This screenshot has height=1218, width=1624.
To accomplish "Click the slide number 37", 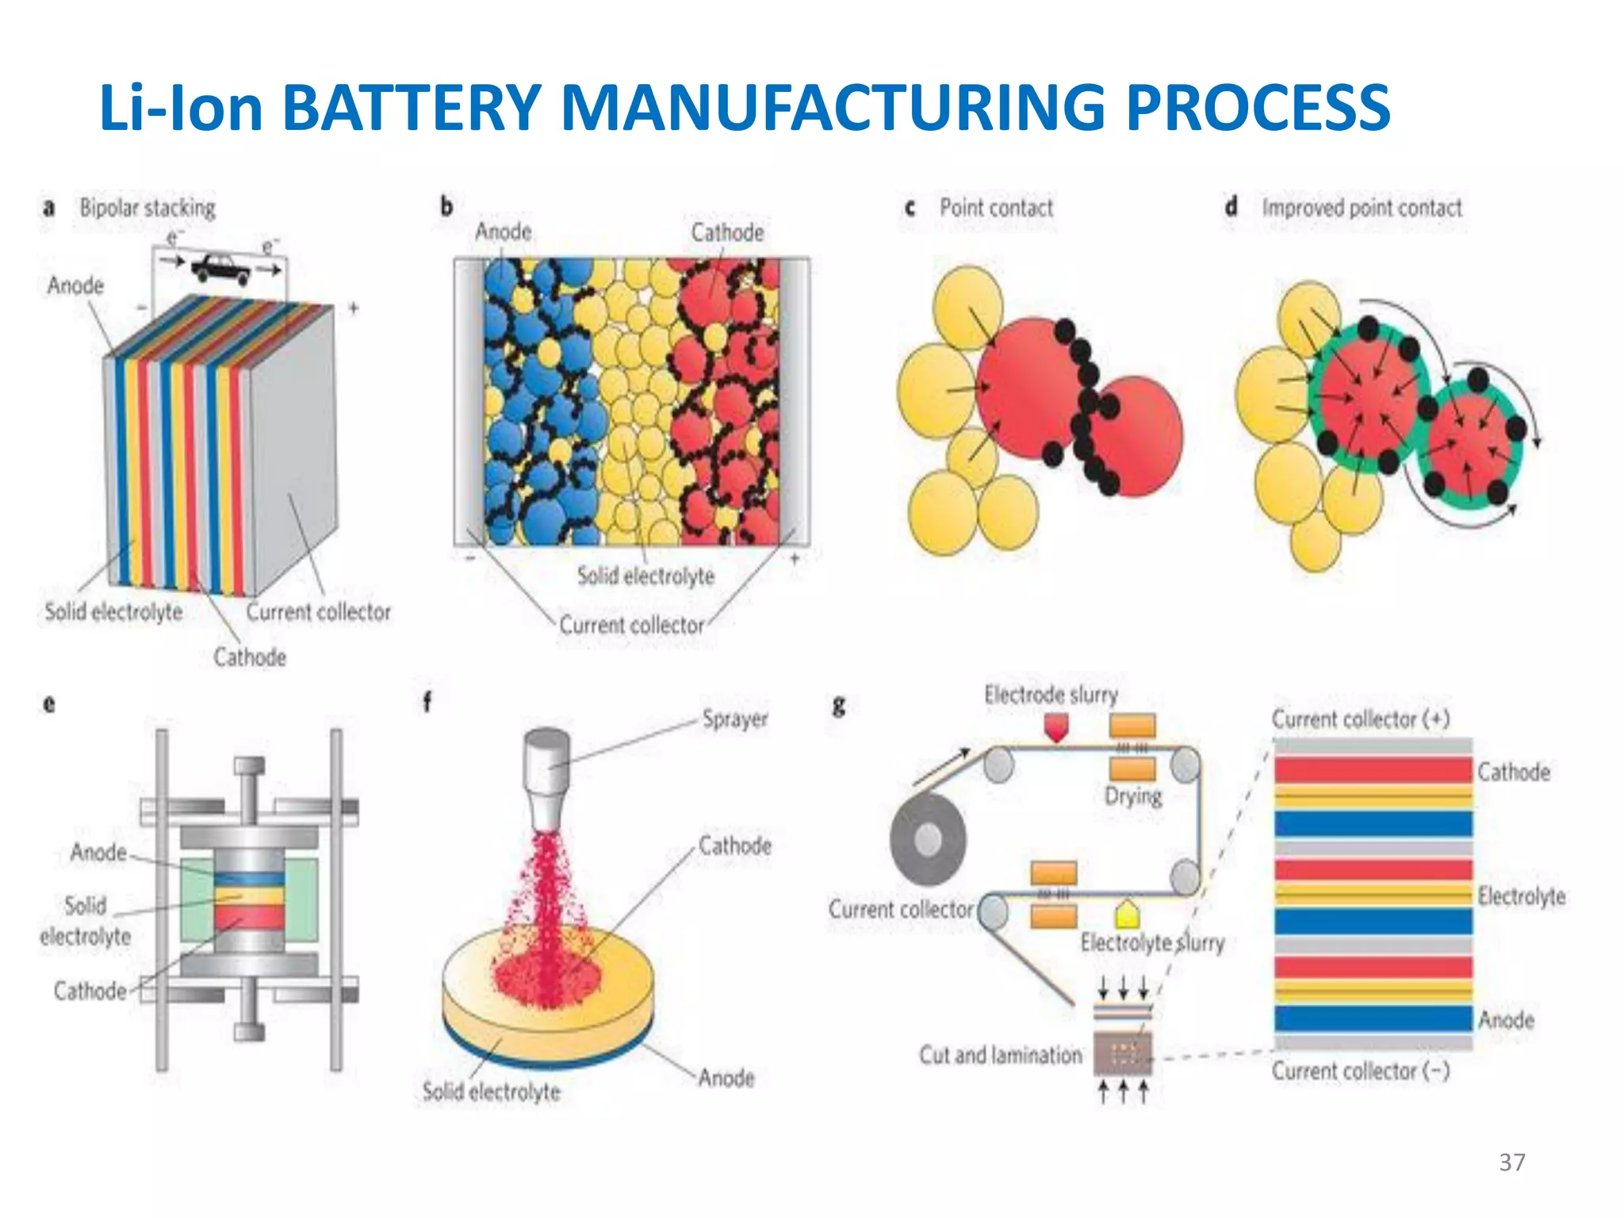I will point(1511,1162).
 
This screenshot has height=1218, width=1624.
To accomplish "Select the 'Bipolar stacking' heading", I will point(147,209).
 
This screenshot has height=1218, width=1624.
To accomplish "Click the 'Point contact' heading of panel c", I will point(996,208).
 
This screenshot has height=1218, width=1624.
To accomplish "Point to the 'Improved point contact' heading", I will point(1362,208).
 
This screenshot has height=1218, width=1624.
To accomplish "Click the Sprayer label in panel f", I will point(735,719).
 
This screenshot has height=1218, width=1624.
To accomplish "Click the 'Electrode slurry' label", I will point(1051,695).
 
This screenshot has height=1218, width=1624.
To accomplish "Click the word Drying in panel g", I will point(1133,795).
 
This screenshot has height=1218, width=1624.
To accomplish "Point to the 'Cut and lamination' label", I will point(1000,1055).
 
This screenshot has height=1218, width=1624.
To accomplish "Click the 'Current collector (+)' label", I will point(1361,719).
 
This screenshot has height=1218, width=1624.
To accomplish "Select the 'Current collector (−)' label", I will point(1361,1071).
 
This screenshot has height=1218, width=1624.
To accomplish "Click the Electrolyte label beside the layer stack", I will point(1521,897).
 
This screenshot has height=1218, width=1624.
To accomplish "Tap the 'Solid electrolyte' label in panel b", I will point(645,576).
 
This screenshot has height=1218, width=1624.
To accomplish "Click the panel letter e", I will point(49,703).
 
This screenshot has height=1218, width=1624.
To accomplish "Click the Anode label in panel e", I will point(98,852).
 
